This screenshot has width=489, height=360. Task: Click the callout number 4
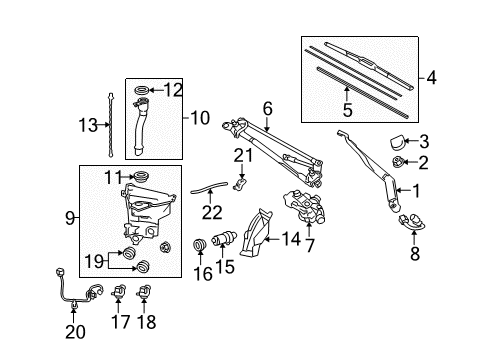coord(432,76)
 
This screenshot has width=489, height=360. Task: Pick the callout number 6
coord(267,108)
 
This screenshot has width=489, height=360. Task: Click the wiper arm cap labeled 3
coord(397,140)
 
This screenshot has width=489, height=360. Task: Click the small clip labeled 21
coord(240,181)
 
